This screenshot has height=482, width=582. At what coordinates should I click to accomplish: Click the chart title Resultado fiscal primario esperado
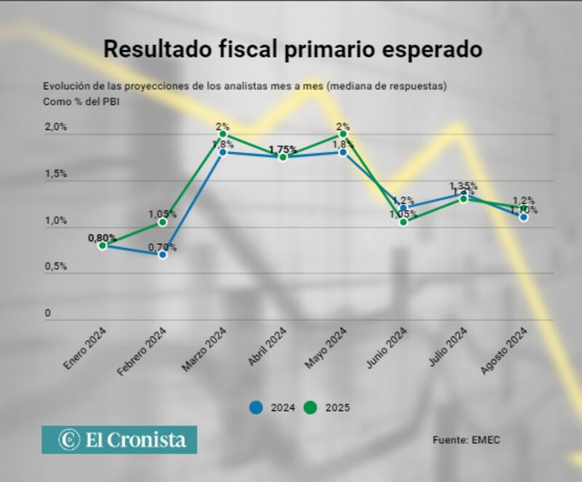click(x=292, y=49)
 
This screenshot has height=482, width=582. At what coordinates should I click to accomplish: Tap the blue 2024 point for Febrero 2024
click(x=162, y=254)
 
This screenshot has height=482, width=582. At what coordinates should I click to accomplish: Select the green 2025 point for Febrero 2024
click(x=162, y=222)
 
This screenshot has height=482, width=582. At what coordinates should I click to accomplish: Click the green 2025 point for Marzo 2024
click(x=223, y=134)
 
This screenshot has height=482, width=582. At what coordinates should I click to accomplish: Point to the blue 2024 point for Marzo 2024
click(x=223, y=152)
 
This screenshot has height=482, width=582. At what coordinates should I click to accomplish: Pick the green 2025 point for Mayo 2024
click(x=343, y=134)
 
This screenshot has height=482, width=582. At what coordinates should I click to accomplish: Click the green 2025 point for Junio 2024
click(x=403, y=222)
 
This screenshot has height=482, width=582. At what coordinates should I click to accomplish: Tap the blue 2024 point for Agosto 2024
click(x=524, y=217)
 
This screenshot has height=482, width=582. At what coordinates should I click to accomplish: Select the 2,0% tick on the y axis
click(x=56, y=127)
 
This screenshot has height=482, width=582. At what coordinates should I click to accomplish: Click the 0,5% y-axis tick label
click(x=56, y=266)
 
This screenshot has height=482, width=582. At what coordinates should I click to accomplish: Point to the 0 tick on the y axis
click(x=49, y=313)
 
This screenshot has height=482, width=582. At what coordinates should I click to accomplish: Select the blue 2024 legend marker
click(x=255, y=408)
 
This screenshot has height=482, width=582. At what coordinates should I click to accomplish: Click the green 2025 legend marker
click(x=310, y=408)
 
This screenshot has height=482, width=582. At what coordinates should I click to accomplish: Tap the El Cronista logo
click(x=119, y=440)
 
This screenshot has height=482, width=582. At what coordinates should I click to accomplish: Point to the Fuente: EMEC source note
click(x=466, y=440)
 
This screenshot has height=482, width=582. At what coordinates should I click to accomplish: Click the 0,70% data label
click(x=162, y=247)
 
